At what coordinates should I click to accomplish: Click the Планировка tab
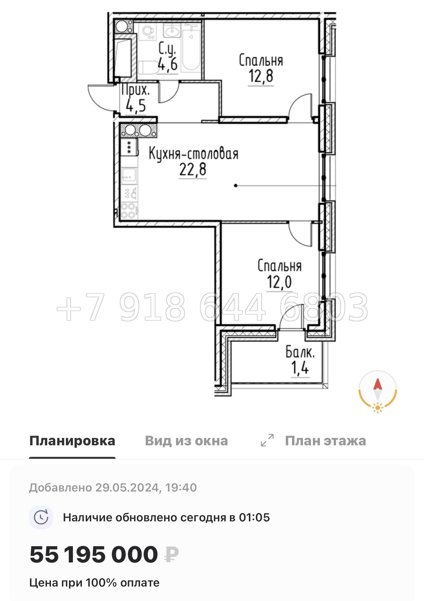(72, 441)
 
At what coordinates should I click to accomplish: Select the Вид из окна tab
(186, 441)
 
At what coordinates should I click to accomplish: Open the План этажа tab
(325, 441)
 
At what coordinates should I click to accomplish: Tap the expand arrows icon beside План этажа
(267, 440)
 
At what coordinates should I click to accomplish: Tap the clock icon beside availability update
(41, 517)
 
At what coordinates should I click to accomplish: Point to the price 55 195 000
(93, 554)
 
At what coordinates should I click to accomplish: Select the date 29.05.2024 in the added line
(127, 488)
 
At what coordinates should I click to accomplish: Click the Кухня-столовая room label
(193, 154)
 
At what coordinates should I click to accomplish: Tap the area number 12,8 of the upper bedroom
(261, 76)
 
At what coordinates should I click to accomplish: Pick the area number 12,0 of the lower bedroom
(279, 282)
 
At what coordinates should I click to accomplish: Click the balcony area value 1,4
(300, 368)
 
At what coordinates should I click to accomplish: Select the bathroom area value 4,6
(168, 64)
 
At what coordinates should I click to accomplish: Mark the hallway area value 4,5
(136, 105)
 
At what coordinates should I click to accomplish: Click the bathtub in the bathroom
(191, 50)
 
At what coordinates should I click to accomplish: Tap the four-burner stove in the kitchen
(129, 211)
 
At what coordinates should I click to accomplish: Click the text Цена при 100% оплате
(94, 583)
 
